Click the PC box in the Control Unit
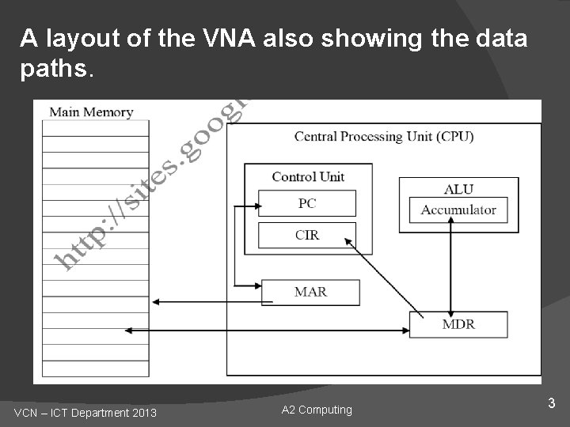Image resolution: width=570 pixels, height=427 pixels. click(307, 203)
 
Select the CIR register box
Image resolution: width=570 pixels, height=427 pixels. click(307, 235)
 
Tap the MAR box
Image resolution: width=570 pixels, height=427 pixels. click(310, 292)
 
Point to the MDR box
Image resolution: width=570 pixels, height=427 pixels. click(458, 324)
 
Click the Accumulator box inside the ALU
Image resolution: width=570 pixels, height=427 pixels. click(458, 210)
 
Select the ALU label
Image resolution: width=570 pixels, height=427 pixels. click(458, 189)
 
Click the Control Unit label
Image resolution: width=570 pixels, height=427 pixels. click(308, 176)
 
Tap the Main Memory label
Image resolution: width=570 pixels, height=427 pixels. click(91, 111)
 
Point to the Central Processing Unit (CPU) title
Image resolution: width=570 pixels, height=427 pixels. click(384, 137)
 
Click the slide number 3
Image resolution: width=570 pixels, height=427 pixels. click(552, 404)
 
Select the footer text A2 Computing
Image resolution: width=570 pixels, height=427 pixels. click(317, 410)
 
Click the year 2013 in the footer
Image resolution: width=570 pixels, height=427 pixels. click(143, 413)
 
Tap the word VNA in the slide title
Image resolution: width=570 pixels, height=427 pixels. click(230, 38)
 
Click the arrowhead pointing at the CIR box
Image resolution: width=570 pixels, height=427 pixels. click(346, 241)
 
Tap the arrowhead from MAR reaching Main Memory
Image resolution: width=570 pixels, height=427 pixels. click(155, 301)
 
